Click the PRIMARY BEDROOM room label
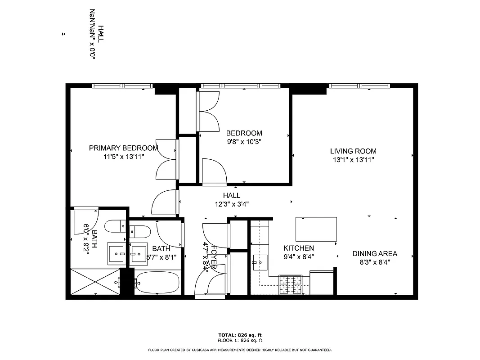click(123, 148)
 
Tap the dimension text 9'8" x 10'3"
click(244, 141)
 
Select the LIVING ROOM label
click(353, 151)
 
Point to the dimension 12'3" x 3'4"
click(232, 204)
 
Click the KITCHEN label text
click(298, 248)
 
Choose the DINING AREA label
click(375, 254)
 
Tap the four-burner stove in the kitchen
click(291, 284)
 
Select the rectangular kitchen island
click(316, 229)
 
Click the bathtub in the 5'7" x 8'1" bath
click(157, 283)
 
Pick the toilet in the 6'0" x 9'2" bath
click(115, 225)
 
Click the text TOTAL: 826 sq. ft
click(240, 335)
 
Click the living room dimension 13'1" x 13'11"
click(353, 160)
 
